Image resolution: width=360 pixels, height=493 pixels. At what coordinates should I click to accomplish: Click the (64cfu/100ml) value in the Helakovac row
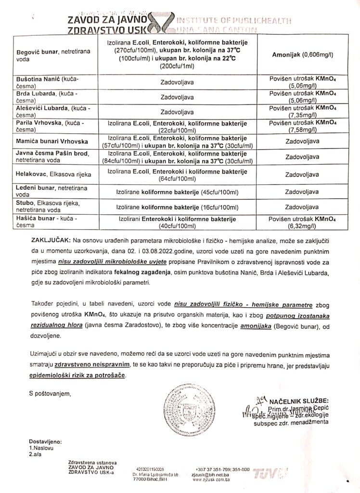click(177, 179)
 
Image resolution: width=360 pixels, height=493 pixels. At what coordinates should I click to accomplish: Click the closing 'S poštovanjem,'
click(50, 393)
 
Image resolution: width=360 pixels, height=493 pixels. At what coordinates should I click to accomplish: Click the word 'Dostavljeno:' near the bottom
click(45, 441)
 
